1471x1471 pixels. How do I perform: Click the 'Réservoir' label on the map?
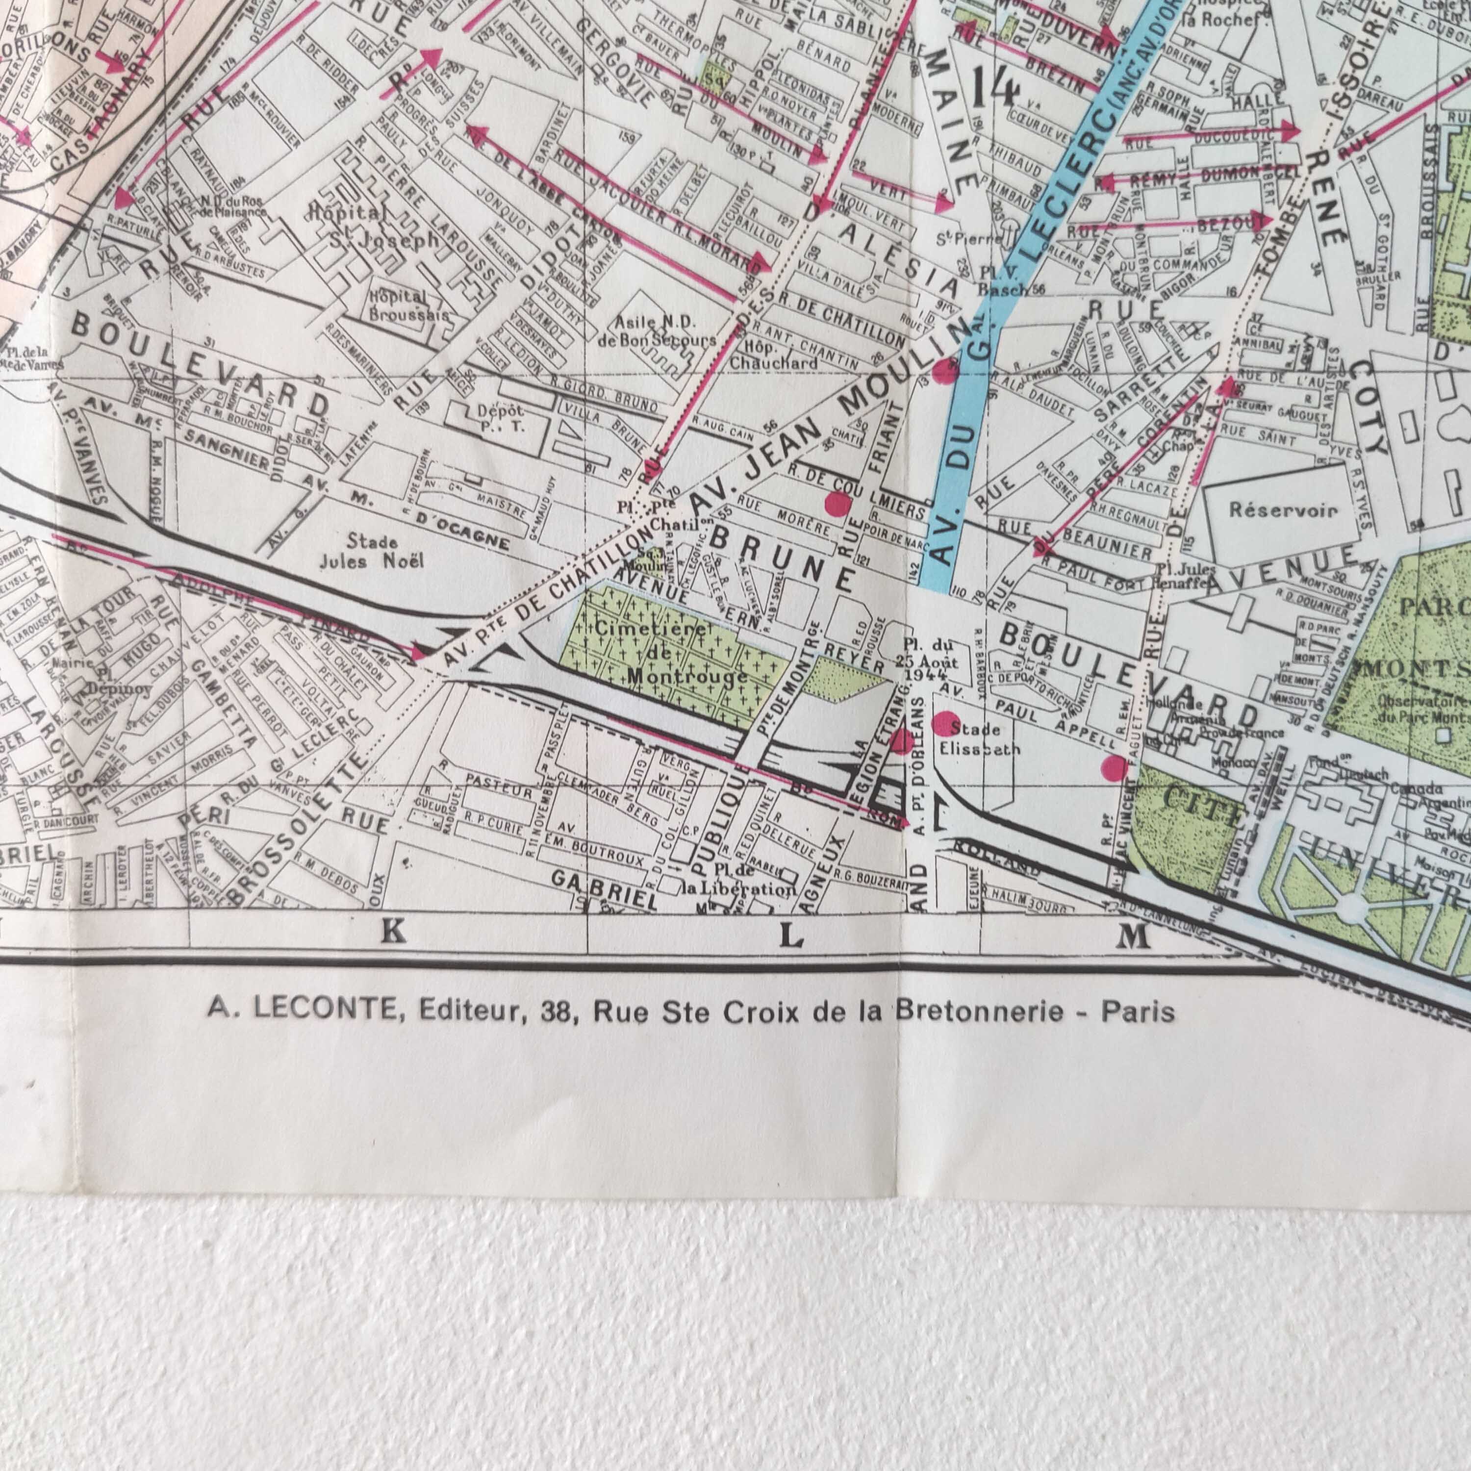point(1283,509)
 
